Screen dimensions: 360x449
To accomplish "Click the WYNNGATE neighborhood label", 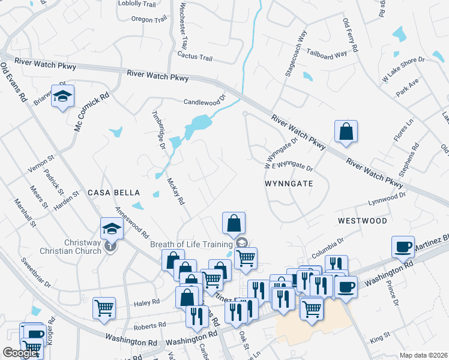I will click(x=289, y=184).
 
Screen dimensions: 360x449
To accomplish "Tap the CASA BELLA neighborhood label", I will click(x=113, y=193).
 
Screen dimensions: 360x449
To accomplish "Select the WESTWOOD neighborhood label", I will click(x=362, y=221).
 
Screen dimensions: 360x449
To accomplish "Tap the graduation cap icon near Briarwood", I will click(x=62, y=97).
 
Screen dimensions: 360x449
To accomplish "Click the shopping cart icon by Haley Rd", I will click(x=104, y=308).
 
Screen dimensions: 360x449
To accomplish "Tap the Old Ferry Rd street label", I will click(x=350, y=35).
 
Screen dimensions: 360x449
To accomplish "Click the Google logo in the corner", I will click(x=20, y=353).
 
